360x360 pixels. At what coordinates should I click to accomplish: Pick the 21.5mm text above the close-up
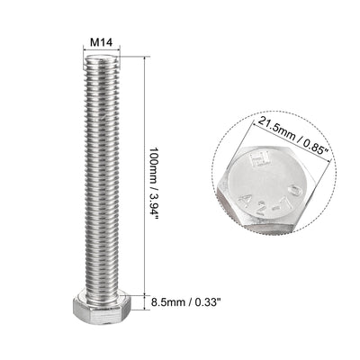[x=270, y=121]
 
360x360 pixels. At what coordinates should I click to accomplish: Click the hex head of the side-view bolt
[x=106, y=314]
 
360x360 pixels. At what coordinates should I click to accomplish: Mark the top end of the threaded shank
[x=106, y=60]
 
